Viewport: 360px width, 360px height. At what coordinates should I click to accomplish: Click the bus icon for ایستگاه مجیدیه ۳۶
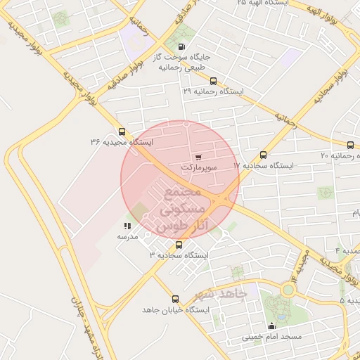122,131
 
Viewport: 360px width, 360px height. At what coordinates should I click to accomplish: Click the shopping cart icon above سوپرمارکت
198,157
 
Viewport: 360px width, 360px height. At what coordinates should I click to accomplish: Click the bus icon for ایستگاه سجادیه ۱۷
264,155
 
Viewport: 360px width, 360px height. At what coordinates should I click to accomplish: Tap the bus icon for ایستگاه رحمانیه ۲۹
214,81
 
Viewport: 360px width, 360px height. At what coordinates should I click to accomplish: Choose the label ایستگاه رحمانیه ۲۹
212,91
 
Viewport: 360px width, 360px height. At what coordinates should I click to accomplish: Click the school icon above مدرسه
127,226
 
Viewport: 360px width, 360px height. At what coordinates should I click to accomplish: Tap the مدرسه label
127,236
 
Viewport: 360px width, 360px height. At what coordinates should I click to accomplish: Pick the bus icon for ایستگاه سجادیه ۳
179,245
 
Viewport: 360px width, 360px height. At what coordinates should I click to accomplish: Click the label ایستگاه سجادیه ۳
179,255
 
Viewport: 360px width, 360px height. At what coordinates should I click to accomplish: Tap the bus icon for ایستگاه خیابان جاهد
175,299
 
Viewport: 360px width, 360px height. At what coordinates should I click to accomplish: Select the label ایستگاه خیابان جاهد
175,309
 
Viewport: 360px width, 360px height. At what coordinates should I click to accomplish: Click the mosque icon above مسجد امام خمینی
272,326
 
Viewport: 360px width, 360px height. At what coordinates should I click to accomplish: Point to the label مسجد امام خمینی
272,337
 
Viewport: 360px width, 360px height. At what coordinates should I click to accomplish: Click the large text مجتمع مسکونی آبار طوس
182,210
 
